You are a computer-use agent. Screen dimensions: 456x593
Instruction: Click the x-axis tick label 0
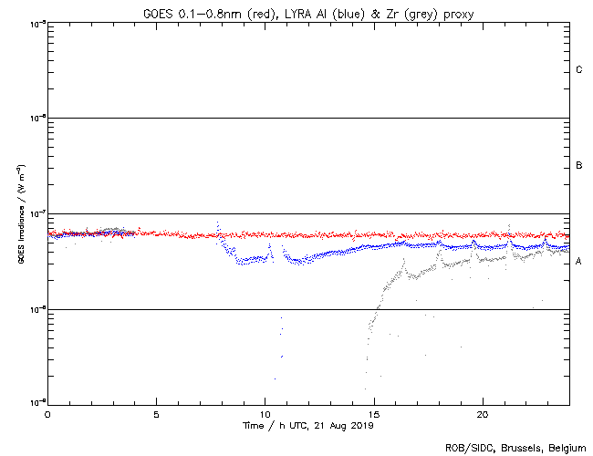click(47, 413)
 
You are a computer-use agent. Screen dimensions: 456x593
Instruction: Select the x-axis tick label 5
click(156, 413)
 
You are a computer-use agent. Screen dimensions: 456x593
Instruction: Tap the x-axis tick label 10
click(265, 413)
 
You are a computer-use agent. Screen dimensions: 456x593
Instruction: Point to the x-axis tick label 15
click(373, 413)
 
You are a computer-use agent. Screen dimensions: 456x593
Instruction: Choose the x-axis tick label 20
click(482, 413)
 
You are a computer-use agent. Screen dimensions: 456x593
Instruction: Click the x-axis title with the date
click(308, 425)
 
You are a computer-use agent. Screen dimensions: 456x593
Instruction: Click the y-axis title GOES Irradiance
click(19, 214)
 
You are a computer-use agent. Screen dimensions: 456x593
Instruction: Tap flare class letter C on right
click(579, 70)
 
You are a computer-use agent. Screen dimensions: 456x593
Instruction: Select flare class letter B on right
click(579, 166)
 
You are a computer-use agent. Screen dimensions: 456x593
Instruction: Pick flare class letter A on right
click(579, 262)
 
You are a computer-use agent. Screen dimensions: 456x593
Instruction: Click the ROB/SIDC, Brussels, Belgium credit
click(515, 448)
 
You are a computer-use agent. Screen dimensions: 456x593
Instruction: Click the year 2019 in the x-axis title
click(362, 425)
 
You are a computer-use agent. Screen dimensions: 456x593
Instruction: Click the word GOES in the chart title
click(157, 13)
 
